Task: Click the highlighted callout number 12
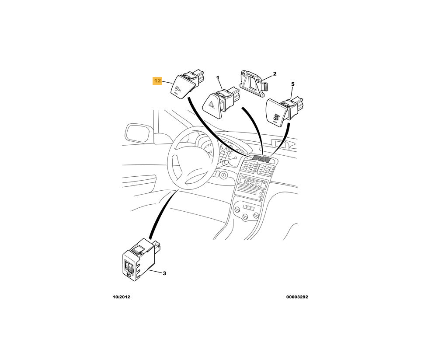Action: (157, 81)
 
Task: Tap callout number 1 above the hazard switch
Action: (217, 78)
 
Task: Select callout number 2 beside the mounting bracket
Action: (275, 73)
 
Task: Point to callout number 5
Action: (292, 84)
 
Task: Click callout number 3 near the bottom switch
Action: (164, 274)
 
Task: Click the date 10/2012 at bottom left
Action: (122, 297)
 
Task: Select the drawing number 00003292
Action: (297, 297)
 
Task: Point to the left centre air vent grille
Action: (250, 168)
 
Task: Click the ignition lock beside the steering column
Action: (223, 176)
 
